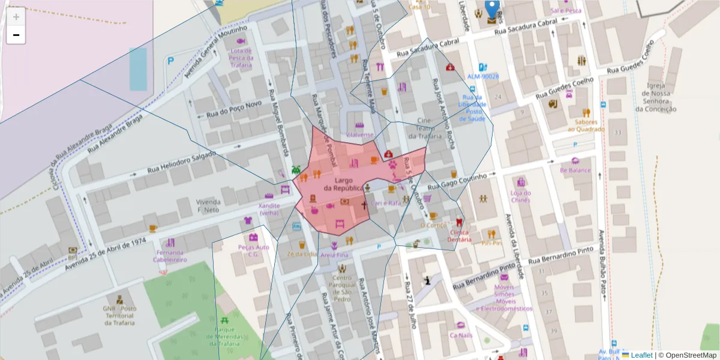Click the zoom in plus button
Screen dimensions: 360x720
click(x=16, y=16)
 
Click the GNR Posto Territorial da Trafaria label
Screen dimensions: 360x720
click(x=119, y=316)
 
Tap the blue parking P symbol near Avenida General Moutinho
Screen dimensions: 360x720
click(x=170, y=61)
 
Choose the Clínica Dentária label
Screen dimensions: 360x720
click(x=460, y=236)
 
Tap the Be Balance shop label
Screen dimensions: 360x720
click(x=575, y=170)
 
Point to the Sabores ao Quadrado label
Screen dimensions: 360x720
click(x=586, y=125)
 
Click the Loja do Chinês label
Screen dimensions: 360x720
click(x=520, y=196)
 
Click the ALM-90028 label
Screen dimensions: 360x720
click(x=483, y=77)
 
